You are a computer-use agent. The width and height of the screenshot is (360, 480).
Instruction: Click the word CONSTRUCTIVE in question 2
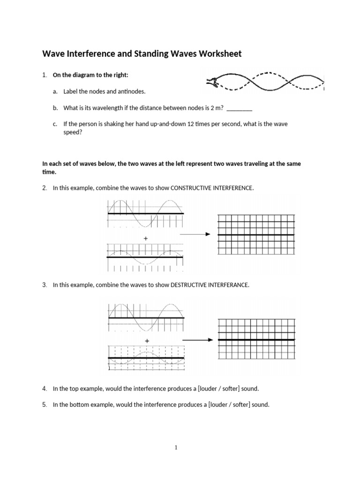click(x=191, y=188)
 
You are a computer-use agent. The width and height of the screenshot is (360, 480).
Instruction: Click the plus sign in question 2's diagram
click(x=146, y=239)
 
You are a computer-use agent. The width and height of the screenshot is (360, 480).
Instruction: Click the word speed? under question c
click(x=73, y=132)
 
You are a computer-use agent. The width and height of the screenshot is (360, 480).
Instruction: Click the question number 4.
click(x=44, y=389)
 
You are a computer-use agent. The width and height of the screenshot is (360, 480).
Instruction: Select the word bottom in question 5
click(x=82, y=405)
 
